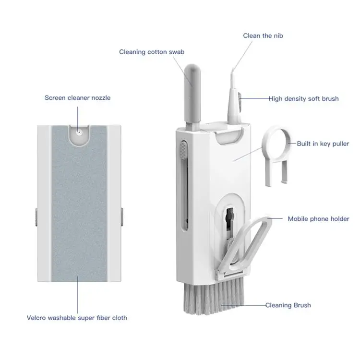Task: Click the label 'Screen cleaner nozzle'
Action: pyautogui.click(x=77, y=98)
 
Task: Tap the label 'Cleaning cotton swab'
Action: pyautogui.click(x=152, y=52)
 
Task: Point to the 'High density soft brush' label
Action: pyautogui.click(x=303, y=99)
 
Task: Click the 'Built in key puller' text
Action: pyautogui.click(x=323, y=144)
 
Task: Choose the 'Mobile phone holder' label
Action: pyautogui.click(x=318, y=219)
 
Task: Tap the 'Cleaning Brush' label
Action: pyautogui.click(x=288, y=305)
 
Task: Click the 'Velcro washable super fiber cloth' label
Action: pyautogui.click(x=77, y=318)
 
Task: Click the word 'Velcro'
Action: pyautogui.click(x=36, y=318)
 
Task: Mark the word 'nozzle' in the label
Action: pyautogui.click(x=100, y=98)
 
